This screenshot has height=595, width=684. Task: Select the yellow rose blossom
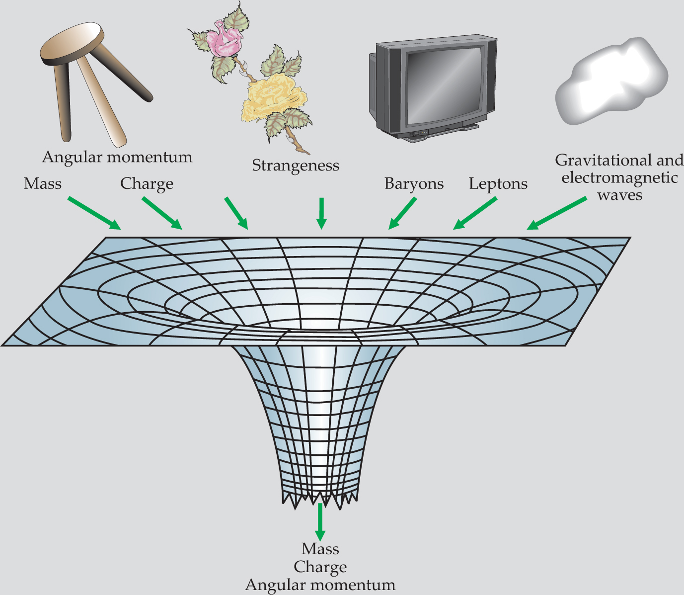click(268, 97)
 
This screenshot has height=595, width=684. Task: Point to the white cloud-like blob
click(611, 82)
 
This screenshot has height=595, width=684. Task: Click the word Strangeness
click(296, 166)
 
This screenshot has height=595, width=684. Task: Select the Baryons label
click(414, 184)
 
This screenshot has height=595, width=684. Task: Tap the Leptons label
click(498, 184)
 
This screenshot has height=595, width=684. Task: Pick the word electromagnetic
click(619, 177)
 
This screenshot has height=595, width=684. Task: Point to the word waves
click(619, 195)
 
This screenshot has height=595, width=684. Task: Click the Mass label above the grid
click(43, 184)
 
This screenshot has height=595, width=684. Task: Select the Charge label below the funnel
click(320, 567)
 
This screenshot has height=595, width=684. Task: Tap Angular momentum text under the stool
click(117, 157)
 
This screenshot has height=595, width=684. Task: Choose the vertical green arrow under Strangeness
click(321, 213)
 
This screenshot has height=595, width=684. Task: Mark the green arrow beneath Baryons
click(402, 214)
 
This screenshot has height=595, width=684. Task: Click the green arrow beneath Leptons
click(475, 214)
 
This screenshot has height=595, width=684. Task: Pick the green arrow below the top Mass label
click(94, 213)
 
